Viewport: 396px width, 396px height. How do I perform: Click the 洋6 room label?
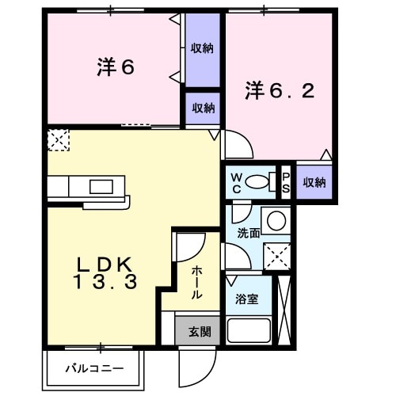(x=116, y=68)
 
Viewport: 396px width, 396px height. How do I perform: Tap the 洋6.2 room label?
(x=279, y=91)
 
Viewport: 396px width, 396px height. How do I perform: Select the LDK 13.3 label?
(x=108, y=272)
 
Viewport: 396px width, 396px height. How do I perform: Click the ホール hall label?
(x=196, y=281)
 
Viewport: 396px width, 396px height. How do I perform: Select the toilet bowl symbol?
(x=258, y=182)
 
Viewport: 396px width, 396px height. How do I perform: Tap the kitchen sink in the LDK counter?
(x=100, y=187)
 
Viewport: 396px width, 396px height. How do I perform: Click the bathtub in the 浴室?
(x=250, y=329)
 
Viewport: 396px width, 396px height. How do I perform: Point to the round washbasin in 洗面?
(x=276, y=219)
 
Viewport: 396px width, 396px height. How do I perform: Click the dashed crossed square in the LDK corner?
(x=58, y=140)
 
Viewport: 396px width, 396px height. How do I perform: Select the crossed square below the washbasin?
(x=276, y=255)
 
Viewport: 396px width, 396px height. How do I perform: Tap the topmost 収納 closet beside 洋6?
(x=202, y=49)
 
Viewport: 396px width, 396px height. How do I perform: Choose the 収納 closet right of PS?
(x=314, y=182)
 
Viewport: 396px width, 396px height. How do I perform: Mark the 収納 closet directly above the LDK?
(x=202, y=109)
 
